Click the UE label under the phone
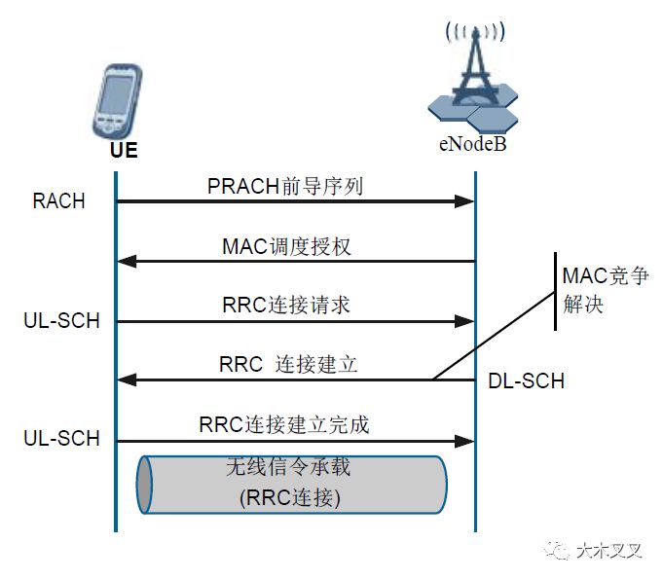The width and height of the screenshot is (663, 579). [x=123, y=152]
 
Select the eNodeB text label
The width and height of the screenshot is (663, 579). [x=472, y=145]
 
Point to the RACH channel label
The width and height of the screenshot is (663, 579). [x=59, y=202]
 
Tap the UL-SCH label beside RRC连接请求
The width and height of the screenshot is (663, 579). [x=61, y=320]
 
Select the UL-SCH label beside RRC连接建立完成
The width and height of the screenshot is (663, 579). [x=61, y=439]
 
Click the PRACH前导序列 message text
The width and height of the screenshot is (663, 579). [x=285, y=186]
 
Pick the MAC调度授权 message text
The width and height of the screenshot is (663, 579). [x=286, y=246]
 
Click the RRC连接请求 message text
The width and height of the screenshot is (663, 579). [x=285, y=306]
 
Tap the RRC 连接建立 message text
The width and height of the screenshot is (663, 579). [x=288, y=365]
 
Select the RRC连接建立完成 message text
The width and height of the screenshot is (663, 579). [x=284, y=425]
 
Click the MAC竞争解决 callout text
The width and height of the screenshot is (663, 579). [x=605, y=290]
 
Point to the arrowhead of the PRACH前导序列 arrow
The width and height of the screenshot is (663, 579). [x=465, y=201]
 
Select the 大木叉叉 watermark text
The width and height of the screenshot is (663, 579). [x=609, y=550]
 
